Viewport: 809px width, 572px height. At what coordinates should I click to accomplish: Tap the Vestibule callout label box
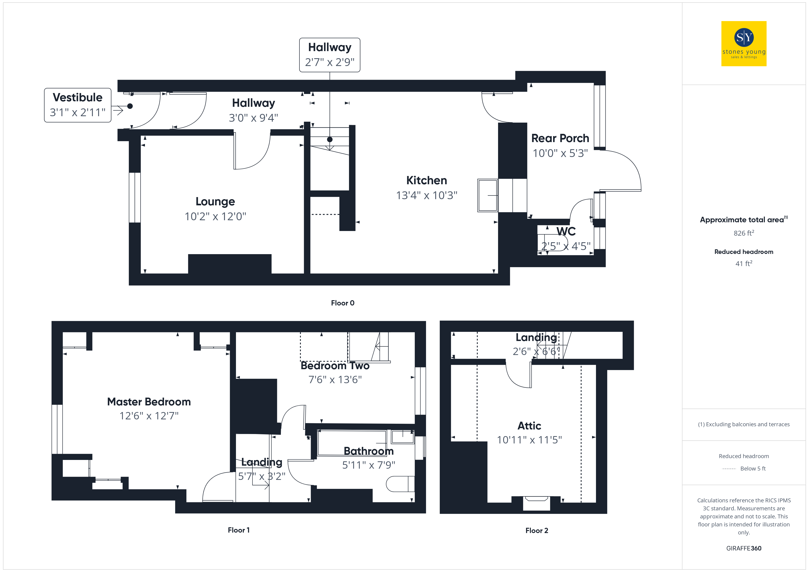[78, 105]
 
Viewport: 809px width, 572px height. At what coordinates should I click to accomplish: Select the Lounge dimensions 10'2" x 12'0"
[215, 216]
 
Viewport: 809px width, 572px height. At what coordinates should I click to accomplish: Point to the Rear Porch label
[560, 138]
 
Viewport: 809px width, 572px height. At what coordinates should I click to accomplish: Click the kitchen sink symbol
[488, 195]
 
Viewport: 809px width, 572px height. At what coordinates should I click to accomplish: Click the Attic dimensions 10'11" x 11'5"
[529, 440]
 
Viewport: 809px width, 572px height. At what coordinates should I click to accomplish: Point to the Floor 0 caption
[343, 303]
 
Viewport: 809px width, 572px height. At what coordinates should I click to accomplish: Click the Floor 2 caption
[537, 531]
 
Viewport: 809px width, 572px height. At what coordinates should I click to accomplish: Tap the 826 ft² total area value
[744, 233]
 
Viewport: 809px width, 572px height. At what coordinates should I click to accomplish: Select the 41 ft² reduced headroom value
[744, 264]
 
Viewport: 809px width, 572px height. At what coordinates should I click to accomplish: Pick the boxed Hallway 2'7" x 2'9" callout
[330, 55]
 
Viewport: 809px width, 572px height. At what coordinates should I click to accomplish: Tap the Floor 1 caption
[238, 530]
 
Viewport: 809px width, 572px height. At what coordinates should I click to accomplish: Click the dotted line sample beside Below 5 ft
[729, 469]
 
